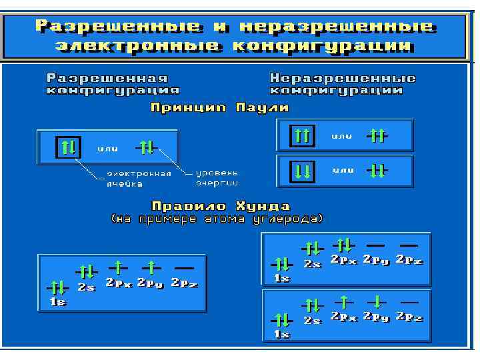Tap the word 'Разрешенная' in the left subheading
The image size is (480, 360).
click(x=107, y=78)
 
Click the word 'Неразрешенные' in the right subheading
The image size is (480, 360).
click(x=343, y=78)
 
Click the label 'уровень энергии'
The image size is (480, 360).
click(x=217, y=178)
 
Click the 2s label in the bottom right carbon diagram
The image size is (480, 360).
click(x=313, y=319)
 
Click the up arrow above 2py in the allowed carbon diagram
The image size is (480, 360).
click(x=151, y=267)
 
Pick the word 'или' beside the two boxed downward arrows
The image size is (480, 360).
click(x=343, y=171)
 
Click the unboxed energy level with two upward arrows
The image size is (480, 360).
click(x=377, y=137)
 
